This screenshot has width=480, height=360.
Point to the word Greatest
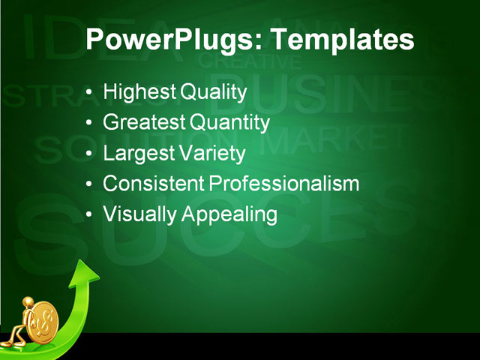(144, 123)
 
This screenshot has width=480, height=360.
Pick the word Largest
(137, 154)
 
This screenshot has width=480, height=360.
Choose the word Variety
(211, 154)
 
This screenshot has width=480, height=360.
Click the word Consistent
(153, 184)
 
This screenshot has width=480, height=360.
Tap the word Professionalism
(284, 184)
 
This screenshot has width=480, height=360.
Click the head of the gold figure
(28, 302)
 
